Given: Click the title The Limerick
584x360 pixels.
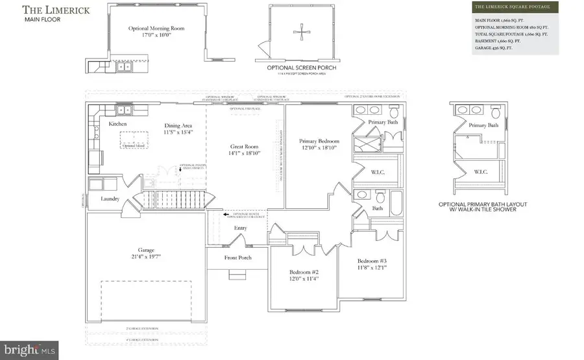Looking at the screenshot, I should pos(50,10).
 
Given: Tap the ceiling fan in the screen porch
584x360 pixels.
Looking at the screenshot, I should pos(300,32).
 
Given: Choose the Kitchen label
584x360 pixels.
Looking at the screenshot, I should pos(117,123).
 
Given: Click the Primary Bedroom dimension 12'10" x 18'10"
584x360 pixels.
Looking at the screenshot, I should pos(319,148).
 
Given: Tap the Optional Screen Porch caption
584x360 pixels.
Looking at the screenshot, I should pos(300,67).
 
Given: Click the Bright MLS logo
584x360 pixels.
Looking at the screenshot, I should pos(30,350).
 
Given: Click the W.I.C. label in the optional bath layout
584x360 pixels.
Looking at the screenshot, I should pos(480,171).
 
